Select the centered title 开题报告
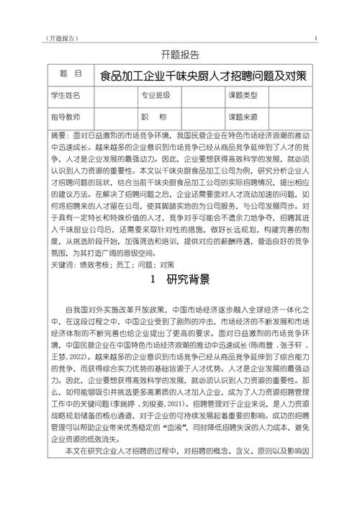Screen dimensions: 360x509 point(179,55)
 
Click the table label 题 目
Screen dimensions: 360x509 point(69,75)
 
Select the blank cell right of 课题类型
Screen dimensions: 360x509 point(293,95)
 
